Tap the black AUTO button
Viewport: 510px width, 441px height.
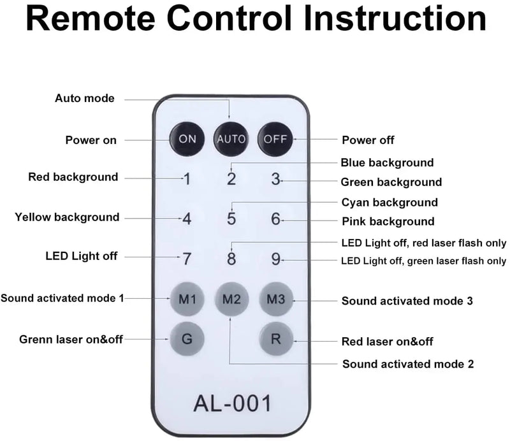[231, 138]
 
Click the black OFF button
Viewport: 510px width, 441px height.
[275, 138]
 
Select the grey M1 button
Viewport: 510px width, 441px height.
[187, 298]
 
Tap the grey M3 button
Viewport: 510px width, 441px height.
[275, 298]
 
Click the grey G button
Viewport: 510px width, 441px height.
[187, 339]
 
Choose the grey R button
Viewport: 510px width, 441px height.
[275, 339]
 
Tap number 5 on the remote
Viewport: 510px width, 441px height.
[231, 219]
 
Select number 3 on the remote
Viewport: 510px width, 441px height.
[275, 179]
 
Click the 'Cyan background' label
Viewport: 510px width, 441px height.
[390, 203]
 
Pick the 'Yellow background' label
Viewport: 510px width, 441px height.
[67, 217]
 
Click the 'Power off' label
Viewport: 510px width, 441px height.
[368, 140]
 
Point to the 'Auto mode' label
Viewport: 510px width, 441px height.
[85, 98]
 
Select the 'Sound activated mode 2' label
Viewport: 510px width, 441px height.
[408, 365]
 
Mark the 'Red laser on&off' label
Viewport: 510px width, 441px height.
[388, 342]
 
